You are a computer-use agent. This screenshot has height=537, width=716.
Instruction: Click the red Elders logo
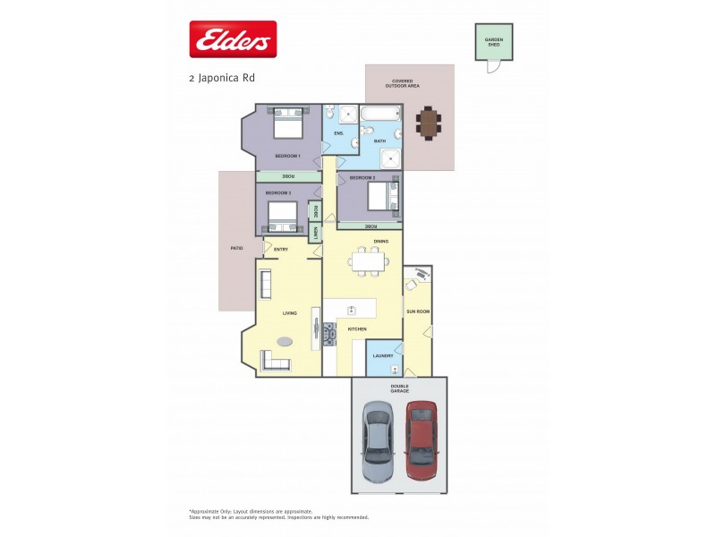click(x=233, y=39)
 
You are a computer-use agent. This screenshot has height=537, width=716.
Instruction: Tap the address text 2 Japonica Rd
click(x=222, y=78)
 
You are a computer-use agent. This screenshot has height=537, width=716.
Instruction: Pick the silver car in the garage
click(x=377, y=440)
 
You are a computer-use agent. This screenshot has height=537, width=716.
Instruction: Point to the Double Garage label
click(x=399, y=389)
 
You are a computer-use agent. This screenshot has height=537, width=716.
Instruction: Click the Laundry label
click(x=383, y=355)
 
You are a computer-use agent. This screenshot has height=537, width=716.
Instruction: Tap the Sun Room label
click(x=418, y=311)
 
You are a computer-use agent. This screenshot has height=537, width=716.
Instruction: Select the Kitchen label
click(x=357, y=329)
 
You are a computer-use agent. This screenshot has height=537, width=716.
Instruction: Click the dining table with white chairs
click(x=369, y=261)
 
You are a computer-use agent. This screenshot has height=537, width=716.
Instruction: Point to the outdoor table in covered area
click(x=430, y=123)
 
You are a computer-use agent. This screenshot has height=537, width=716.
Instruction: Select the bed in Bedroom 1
click(x=287, y=124)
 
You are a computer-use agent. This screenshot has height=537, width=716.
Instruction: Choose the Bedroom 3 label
click(x=277, y=192)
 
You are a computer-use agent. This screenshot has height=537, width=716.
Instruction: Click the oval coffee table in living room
click(x=286, y=340)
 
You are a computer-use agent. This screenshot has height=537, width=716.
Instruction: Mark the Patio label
click(x=236, y=248)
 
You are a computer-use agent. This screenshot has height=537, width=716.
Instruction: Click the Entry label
click(x=281, y=249)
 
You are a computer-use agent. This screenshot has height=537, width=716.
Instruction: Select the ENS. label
click(x=338, y=133)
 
